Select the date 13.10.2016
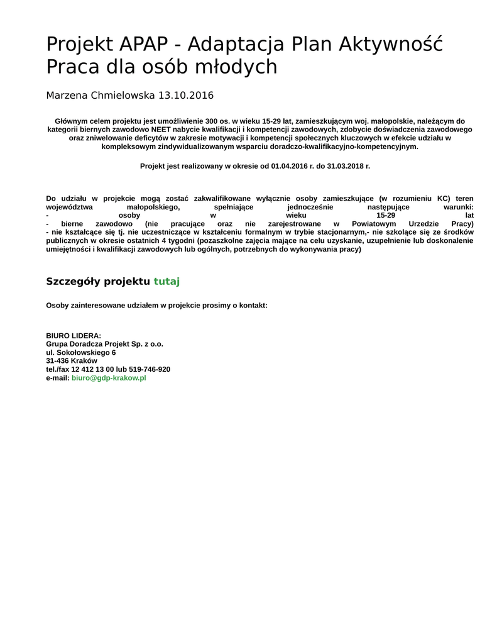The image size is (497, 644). pos(186,96)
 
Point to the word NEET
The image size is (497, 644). pos(161,130)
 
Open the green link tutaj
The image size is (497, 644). pos(167,281)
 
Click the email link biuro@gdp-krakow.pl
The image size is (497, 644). pos(109,378)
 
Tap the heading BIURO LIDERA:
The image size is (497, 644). pos(74,336)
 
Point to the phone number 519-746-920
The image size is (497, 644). pos(150,369)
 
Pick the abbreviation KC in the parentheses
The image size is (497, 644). pos(444,198)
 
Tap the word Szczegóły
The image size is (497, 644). pos(73,281)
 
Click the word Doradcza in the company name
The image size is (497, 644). pos(85,344)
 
